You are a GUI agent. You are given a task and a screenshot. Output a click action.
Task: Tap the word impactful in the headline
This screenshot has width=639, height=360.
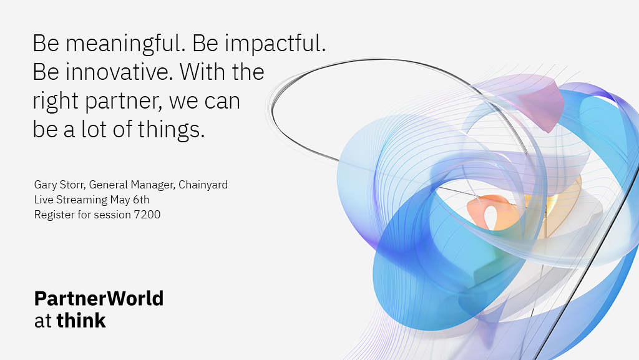point(275,44)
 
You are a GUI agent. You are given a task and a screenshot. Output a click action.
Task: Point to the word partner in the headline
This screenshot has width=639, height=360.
point(124,102)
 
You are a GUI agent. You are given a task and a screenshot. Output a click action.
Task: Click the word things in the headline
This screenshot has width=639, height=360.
point(171,130)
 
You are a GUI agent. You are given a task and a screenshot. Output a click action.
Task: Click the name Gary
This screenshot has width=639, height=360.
point(45,185)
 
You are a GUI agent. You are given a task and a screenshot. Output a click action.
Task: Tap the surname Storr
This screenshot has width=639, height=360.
point(72,185)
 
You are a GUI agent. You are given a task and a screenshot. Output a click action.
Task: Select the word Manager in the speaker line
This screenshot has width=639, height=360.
point(153,185)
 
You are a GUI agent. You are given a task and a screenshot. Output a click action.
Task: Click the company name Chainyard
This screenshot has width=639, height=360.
point(203,185)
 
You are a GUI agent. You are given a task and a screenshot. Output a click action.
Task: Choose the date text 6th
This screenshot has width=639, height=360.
point(141,200)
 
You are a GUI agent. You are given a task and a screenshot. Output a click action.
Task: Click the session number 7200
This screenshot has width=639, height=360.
point(147,215)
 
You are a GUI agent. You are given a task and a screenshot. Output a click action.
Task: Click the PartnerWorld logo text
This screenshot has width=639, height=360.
point(99,298)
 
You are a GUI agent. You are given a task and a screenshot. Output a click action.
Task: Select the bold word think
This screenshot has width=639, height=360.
point(81,321)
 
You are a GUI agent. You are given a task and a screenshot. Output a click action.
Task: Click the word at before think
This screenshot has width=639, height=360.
point(43,321)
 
